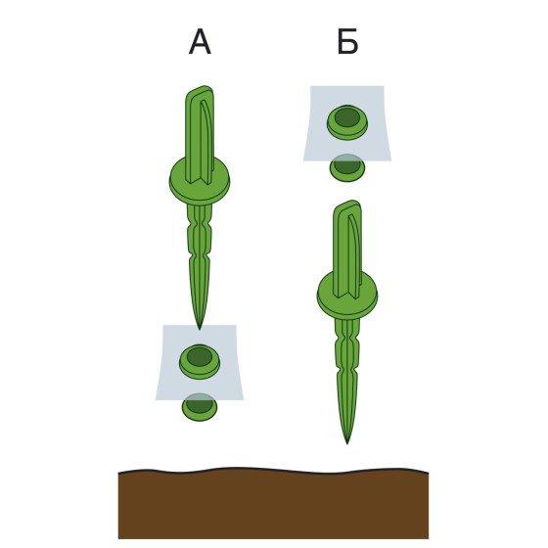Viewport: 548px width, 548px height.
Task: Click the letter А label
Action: click(200, 42)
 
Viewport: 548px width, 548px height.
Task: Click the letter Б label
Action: click(347, 42)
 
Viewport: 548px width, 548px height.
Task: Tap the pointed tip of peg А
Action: click(200, 329)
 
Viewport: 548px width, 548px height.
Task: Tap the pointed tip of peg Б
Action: click(347, 444)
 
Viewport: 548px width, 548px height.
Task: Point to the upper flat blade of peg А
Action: click(200, 135)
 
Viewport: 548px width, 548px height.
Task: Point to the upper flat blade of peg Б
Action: click(347, 250)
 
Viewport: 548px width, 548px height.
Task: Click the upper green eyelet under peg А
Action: click(200, 361)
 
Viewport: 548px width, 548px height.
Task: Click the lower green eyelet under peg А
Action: click(200, 407)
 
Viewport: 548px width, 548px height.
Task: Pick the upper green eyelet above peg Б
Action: click(347, 122)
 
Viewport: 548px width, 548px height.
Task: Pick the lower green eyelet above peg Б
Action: click(347, 167)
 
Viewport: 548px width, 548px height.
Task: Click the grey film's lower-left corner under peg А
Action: click(156, 399)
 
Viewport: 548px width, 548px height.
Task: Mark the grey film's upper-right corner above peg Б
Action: click(384, 86)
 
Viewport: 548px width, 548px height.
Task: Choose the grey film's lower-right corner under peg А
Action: click(244, 399)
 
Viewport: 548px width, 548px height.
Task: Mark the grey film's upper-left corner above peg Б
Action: click(310, 86)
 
